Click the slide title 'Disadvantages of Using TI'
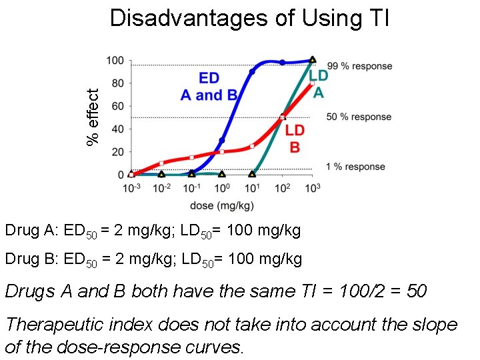[249, 18]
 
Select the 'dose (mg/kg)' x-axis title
[221, 205]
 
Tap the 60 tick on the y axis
[117, 107]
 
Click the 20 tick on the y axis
[117, 152]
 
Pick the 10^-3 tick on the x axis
[131, 188]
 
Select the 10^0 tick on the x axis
[222, 188]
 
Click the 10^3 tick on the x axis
[312, 188]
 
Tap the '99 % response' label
[359, 66]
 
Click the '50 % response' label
[359, 117]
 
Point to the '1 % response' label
[356, 167]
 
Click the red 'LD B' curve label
[295, 138]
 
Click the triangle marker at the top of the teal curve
[312, 60]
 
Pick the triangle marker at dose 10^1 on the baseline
[252, 174]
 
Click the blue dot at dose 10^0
[222, 141]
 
